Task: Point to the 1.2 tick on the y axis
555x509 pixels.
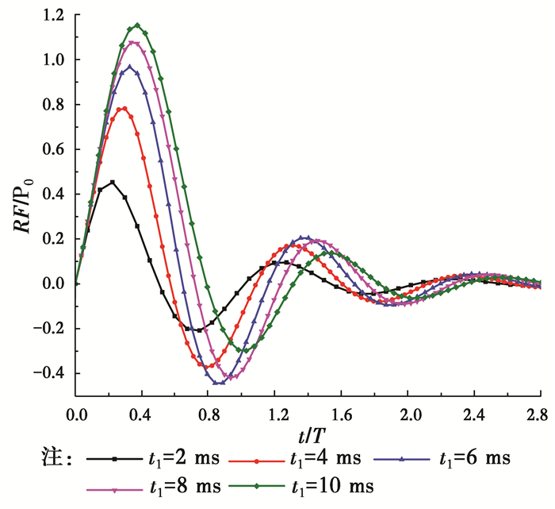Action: coord(55,15)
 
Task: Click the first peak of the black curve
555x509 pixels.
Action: coord(113,183)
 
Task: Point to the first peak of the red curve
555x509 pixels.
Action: coord(123,109)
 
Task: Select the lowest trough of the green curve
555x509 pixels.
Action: coord(245,351)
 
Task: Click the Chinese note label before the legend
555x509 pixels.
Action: coord(55,458)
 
